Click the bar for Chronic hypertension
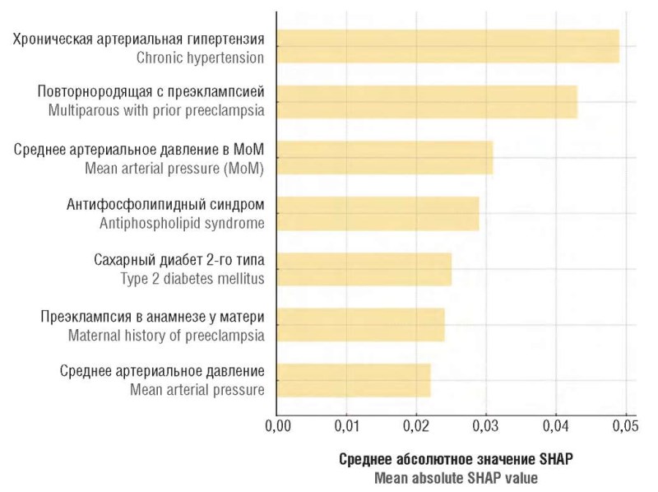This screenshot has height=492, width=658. pos(447,47)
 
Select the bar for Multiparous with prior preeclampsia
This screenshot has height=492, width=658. pos(427,102)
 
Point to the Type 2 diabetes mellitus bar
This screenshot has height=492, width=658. pos(364,269)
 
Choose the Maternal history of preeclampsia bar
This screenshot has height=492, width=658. pos(360,325)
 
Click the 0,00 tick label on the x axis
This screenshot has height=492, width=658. pos(277,426)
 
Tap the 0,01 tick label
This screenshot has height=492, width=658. pos(346,426)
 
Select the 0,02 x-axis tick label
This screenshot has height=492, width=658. pos(416,426)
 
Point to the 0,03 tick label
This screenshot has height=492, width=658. pos(486,426)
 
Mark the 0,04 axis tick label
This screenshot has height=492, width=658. pos(556,426)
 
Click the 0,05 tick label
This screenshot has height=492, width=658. pos(625,426)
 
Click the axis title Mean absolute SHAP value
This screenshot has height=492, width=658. pos(456,476)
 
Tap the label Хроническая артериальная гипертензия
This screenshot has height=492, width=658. pos(138,39)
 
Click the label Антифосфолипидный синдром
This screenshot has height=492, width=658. pos(165,204)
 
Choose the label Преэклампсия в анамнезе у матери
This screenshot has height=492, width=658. pos(152,316)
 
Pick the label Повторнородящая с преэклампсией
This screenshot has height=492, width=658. pos(151,92)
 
